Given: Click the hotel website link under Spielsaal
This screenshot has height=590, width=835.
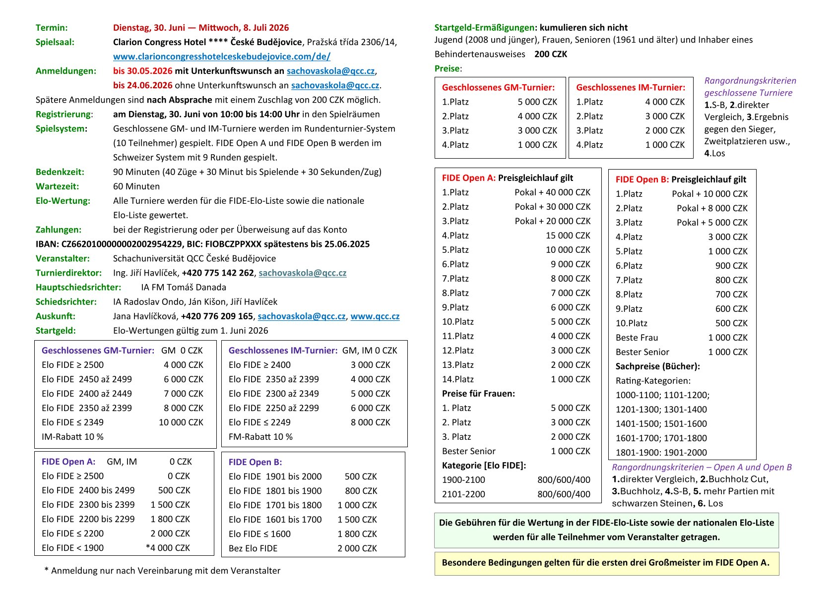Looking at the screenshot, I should tap(221, 57).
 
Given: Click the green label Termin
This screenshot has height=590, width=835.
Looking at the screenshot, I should tap(52, 28).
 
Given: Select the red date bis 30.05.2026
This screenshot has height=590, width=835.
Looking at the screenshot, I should tap(143, 71).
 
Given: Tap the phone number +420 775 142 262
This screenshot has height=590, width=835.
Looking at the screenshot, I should tap(218, 273).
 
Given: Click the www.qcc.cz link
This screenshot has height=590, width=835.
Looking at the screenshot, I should tap(375, 316).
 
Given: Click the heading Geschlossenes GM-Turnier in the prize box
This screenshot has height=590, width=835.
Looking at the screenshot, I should tap(498, 87).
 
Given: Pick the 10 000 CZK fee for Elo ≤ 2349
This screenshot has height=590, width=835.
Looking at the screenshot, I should tap(181, 422).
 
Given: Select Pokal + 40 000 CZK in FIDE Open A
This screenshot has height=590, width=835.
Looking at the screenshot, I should tap(552, 192).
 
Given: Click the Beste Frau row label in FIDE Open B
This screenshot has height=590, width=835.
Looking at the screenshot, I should tap(637, 338).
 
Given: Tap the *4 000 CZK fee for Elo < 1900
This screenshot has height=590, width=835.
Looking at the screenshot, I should tap(168, 548).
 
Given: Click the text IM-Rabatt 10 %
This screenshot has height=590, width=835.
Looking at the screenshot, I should tap(72, 437).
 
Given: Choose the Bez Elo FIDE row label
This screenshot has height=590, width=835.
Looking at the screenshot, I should tap(253, 548).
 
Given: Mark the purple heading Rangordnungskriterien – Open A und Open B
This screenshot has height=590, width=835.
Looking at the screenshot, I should tap(702, 467).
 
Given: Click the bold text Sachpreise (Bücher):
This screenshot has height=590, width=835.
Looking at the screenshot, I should tap(657, 366).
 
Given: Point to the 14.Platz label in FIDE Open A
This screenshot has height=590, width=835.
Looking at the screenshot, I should tap(457, 379).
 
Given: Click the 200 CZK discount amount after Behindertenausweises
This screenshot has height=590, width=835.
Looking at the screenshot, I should tap(550, 54).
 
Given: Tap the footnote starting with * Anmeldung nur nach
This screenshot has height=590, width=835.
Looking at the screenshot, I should tap(162, 571).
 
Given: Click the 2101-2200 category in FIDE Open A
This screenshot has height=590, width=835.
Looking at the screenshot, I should tap(463, 494).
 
